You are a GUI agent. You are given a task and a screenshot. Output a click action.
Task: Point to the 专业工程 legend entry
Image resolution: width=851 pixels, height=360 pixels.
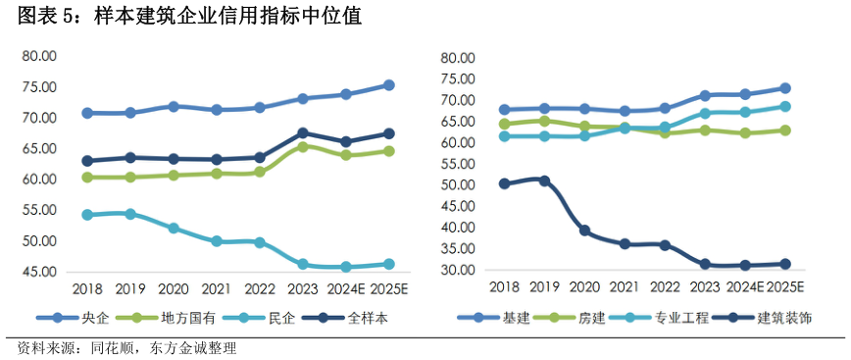point(679,318)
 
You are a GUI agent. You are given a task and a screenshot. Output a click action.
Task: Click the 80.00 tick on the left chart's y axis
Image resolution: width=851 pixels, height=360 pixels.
point(40,57)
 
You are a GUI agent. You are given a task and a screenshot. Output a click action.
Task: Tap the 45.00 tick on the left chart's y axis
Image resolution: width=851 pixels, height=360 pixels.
point(40,272)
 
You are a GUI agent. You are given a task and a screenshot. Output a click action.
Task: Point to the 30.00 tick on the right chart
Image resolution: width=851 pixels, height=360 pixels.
point(458,271)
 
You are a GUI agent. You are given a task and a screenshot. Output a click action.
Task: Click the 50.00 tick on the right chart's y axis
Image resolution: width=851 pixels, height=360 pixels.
point(458,185)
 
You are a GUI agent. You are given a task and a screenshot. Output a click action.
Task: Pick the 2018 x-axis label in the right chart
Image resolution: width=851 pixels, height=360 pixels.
point(504,287)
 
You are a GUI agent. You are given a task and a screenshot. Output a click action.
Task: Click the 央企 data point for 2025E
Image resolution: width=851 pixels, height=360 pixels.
point(388,85)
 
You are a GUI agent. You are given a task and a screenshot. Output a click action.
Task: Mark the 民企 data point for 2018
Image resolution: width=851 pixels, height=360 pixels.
point(87,215)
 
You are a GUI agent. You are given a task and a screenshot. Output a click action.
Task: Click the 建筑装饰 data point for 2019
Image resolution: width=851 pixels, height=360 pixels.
point(544,180)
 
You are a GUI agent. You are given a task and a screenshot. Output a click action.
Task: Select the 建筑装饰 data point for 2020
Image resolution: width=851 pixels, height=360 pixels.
point(584,231)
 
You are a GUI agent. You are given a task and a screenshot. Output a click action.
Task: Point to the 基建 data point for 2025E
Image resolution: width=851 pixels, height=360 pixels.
point(784,88)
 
